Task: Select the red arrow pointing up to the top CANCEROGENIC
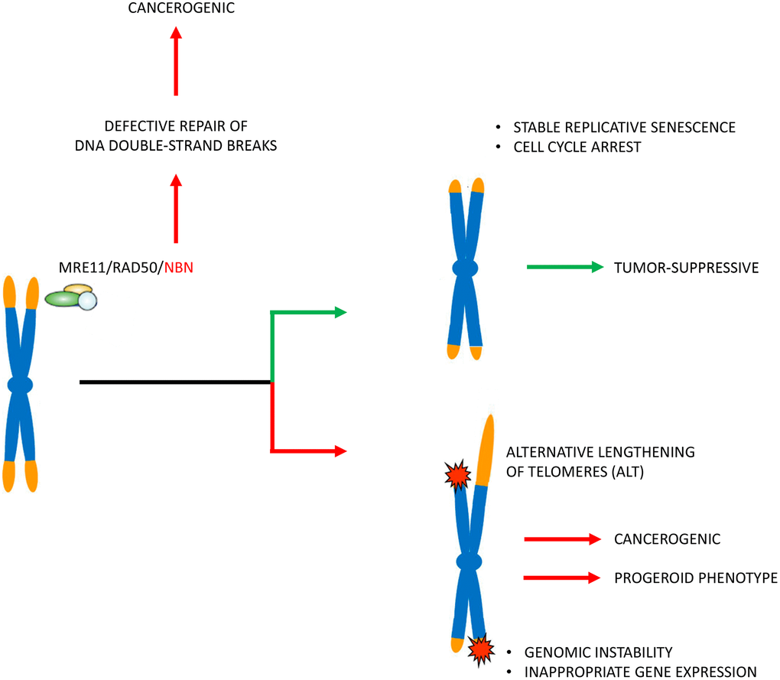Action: point(177,61)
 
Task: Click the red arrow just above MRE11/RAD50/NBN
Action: point(177,210)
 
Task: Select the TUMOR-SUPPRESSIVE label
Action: point(686,268)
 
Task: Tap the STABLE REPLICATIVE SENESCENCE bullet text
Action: point(624,128)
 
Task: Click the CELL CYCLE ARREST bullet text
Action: point(577,146)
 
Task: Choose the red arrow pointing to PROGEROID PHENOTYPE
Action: point(561,578)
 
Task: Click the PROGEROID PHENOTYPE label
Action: point(695,578)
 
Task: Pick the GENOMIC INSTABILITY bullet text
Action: point(598,652)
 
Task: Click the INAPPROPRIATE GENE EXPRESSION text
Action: point(640,672)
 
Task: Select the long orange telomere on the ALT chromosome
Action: point(485,450)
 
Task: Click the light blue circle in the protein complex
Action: point(89,301)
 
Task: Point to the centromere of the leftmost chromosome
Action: point(21,385)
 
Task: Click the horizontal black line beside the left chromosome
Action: point(176,381)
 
